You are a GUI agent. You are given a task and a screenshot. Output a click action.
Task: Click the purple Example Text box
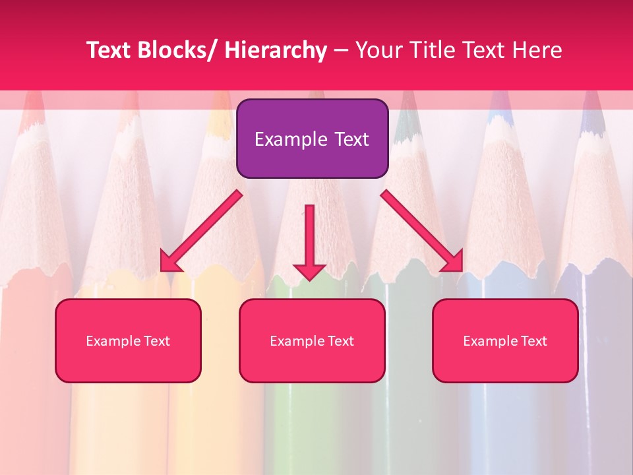312,139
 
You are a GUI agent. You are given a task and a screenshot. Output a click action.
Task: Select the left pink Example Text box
128,340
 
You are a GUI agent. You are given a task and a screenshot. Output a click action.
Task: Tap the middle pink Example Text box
312,340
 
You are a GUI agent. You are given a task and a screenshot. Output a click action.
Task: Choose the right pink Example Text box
505,340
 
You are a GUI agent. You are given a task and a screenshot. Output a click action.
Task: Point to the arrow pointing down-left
201,231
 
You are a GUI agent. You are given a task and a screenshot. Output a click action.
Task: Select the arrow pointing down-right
422,231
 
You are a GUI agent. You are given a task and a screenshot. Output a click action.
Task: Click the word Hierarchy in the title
276,50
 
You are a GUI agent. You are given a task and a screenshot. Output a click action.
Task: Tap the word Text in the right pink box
533,341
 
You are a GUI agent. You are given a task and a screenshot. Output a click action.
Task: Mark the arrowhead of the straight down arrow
309,272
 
